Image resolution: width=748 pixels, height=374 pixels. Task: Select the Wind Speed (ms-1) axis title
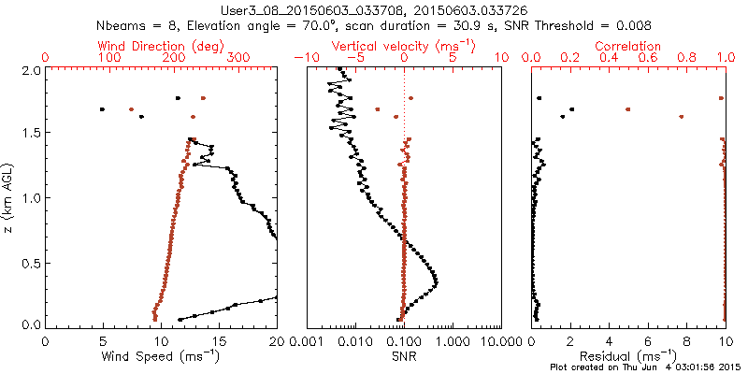(x=161, y=357)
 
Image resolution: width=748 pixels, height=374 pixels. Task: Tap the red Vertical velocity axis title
(x=404, y=46)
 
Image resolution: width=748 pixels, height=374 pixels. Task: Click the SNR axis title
(x=404, y=356)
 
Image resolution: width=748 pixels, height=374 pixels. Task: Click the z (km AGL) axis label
(x=10, y=197)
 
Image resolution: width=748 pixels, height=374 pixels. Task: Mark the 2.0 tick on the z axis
(x=30, y=70)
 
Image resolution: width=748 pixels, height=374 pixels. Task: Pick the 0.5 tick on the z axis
(x=30, y=262)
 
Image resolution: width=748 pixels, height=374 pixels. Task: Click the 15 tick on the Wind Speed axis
(x=219, y=341)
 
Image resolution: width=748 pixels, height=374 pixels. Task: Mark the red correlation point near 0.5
(x=628, y=109)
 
